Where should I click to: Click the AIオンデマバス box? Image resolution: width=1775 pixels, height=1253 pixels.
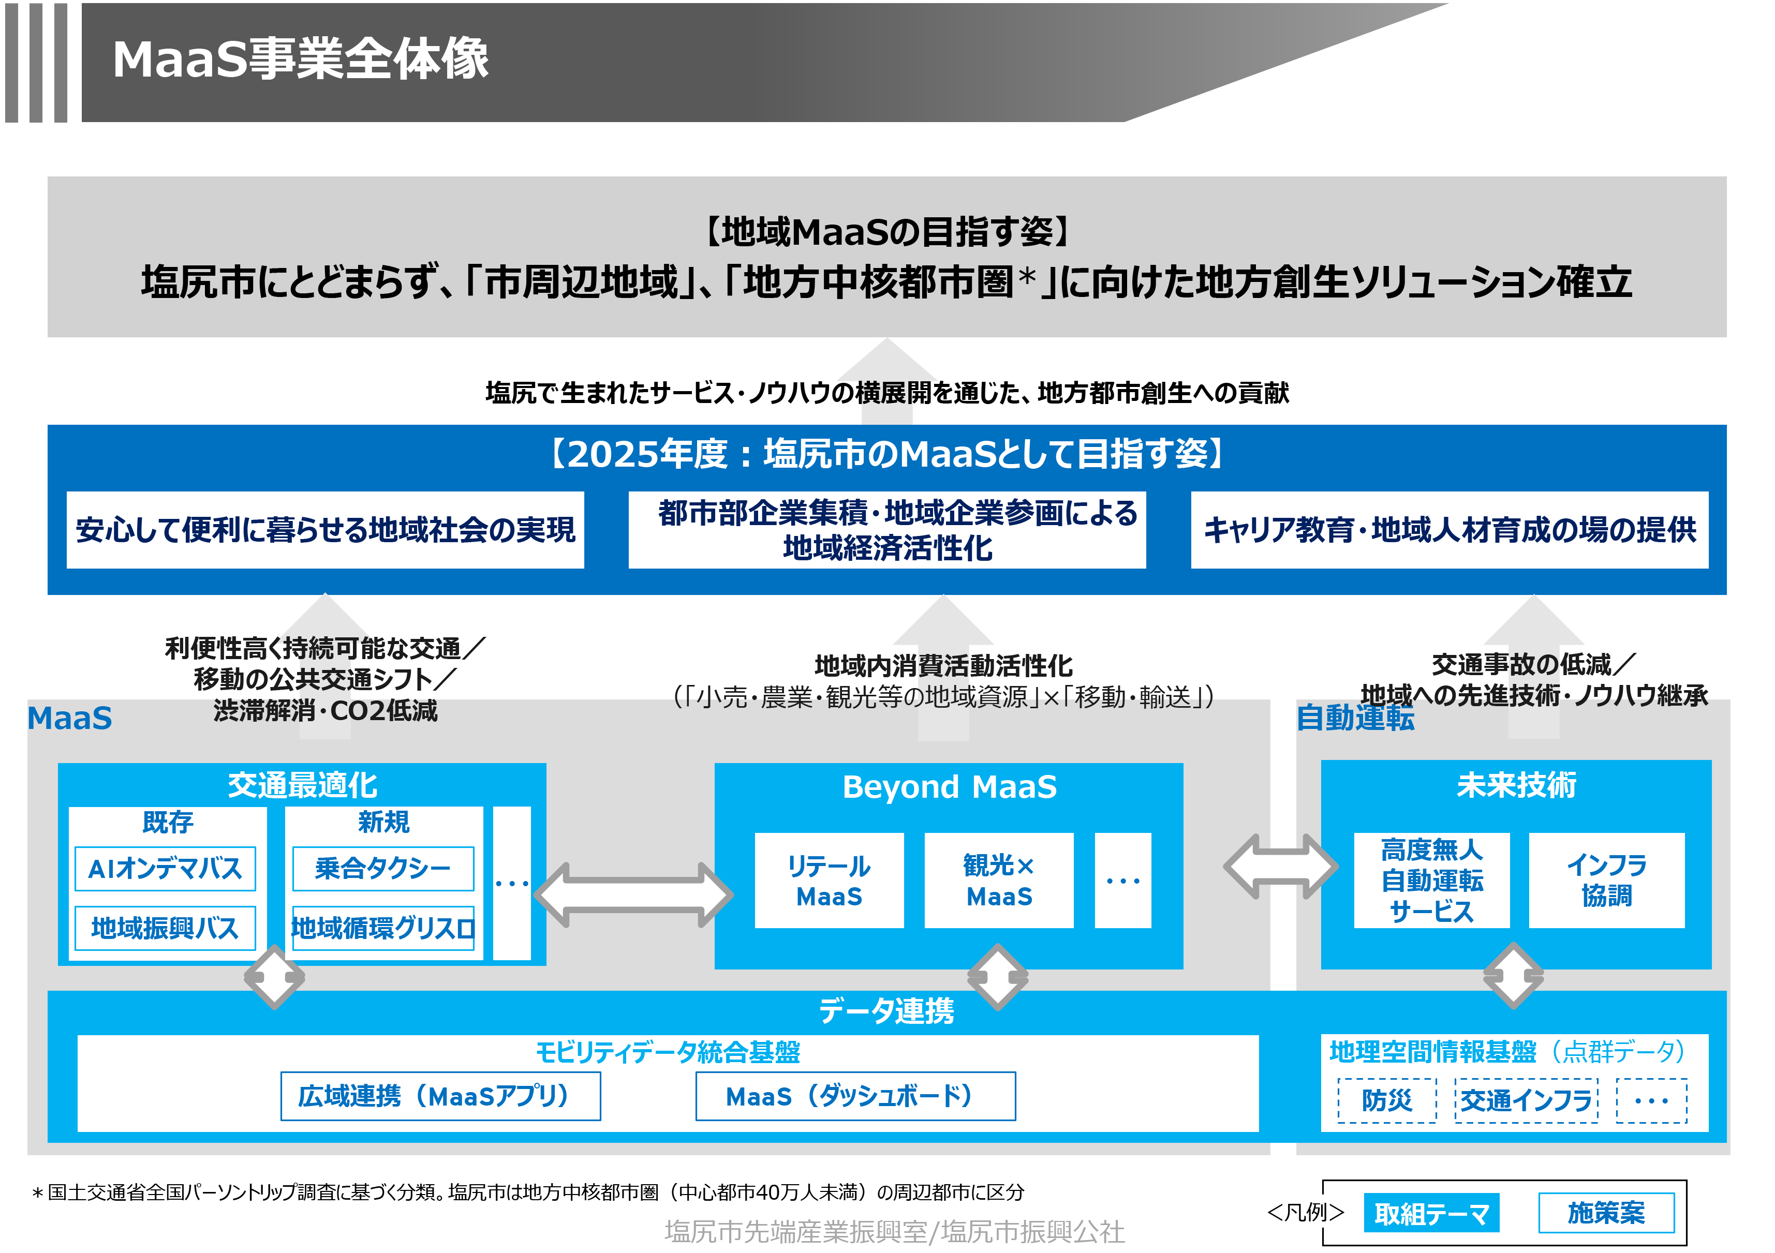coord(165,869)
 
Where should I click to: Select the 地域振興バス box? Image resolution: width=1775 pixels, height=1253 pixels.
coord(165,928)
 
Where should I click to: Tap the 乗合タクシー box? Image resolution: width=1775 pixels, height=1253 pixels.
coord(382,869)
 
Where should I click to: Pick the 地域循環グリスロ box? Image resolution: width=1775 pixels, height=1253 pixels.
coord(382,928)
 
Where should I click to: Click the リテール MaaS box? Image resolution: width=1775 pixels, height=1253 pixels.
coord(829,881)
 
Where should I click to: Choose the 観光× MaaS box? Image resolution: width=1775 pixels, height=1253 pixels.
coord(998,881)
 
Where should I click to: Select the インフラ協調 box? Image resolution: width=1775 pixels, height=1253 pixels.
coord(1606,881)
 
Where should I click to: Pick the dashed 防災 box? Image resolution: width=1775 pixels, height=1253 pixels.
coord(1386,1100)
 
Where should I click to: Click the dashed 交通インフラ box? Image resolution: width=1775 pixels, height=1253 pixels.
coord(1526,1100)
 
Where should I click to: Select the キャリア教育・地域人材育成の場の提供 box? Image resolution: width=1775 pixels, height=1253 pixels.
coord(1449,530)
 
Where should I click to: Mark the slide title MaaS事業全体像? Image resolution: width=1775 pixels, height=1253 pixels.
coord(301,59)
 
